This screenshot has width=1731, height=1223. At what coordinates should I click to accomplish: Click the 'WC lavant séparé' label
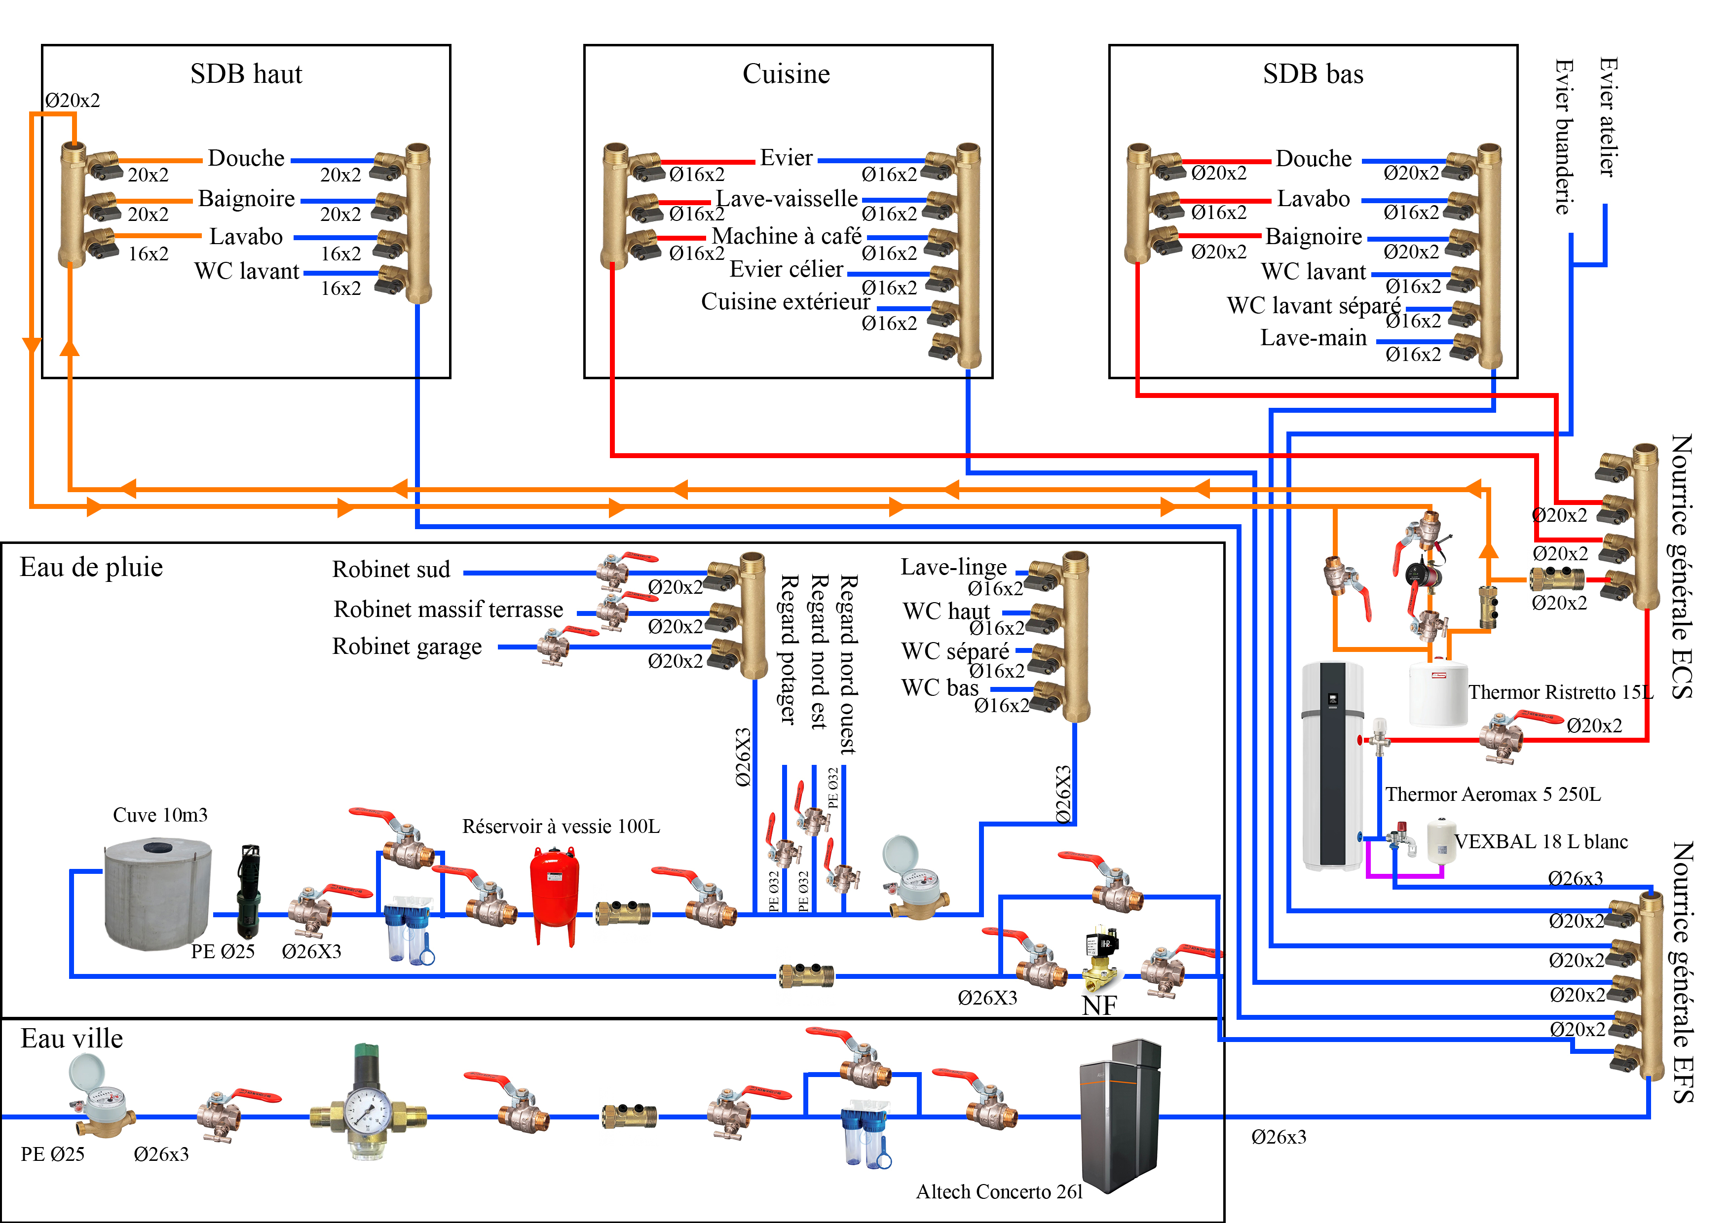[1314, 305]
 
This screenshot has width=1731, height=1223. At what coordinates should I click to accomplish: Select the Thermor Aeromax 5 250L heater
[1333, 765]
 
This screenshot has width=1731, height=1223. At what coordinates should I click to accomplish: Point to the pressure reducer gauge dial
[368, 1112]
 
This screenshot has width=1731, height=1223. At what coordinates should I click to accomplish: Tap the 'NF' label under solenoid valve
[1099, 1005]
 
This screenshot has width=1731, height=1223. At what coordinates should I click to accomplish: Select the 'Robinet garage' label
[407, 647]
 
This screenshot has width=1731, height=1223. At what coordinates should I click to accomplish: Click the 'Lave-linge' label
[954, 567]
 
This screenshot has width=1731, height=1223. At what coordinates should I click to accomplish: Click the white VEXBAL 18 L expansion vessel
[1440, 842]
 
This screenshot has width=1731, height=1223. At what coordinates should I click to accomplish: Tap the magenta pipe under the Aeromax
[1404, 876]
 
